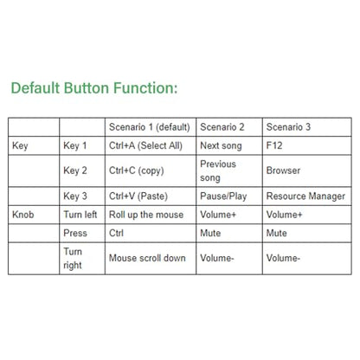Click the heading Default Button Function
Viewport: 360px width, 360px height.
pos(94,88)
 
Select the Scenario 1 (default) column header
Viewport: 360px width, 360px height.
pos(150,127)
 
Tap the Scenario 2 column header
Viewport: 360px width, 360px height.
pos(222,127)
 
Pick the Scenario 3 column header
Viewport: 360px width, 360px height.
pos(288,127)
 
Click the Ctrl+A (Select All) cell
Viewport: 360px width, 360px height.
pos(145,145)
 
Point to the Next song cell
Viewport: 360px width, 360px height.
pos(221,146)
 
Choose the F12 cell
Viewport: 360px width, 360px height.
pos(274,145)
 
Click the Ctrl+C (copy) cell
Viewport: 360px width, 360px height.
pos(137,170)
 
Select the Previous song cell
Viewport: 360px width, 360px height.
pos(218,170)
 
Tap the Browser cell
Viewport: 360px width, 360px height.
pos(283,170)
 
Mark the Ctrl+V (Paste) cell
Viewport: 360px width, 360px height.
pos(138,196)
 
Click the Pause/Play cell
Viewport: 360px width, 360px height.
pos(223,196)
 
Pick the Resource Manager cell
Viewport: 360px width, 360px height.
pos(305,196)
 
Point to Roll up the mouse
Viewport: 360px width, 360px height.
pos(146,215)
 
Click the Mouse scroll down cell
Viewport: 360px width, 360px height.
pos(147,258)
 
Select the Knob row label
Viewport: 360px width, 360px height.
pos(23,215)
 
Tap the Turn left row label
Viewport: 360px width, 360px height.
pos(80,215)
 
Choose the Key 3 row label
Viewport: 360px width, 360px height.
pos(75,196)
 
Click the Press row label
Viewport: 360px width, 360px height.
pos(75,233)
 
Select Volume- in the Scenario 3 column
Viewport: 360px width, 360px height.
pos(283,258)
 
